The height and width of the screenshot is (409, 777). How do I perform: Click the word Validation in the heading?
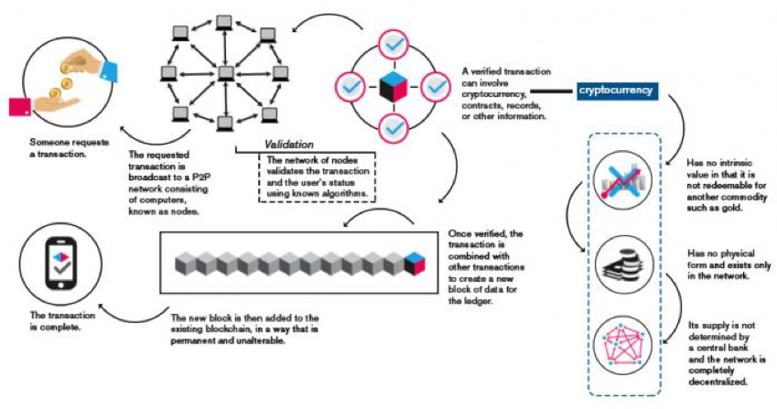(289, 145)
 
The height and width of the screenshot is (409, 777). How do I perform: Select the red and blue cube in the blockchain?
(416, 262)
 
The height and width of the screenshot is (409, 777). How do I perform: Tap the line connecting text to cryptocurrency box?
(551, 91)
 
